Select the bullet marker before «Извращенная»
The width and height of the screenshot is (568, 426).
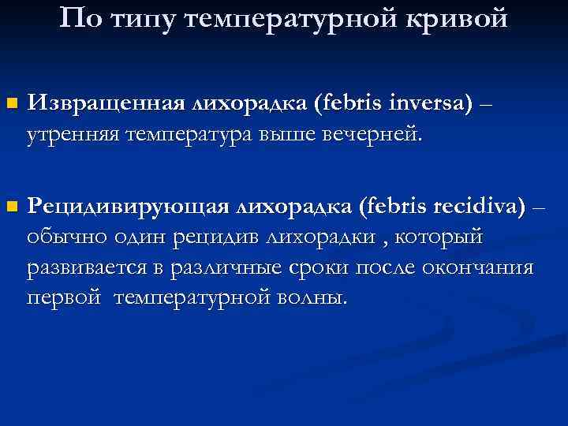[x=10, y=103]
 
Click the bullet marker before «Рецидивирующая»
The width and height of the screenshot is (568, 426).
[x=10, y=207]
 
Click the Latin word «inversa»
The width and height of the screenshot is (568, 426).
[x=428, y=103]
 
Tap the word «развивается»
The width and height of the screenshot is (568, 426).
[x=84, y=268]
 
